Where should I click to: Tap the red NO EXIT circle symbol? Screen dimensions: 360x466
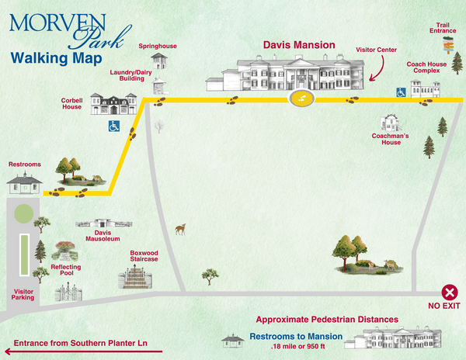point(450,292)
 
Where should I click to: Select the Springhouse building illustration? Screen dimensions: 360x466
point(158,61)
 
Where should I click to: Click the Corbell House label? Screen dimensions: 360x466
point(72,103)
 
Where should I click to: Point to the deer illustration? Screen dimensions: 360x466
point(181,229)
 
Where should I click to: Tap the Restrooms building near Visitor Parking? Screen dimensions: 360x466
point(23,183)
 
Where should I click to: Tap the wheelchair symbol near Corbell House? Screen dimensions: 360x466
point(114,125)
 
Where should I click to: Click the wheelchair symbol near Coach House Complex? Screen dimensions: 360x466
point(402,92)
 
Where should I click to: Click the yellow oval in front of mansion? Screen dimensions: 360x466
point(302,99)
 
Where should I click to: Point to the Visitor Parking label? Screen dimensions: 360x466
point(23,295)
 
